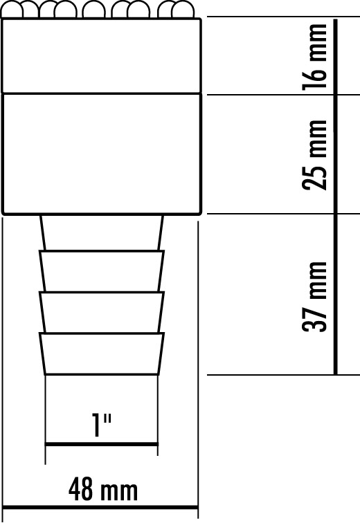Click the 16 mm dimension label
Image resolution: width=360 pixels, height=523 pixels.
point(314,57)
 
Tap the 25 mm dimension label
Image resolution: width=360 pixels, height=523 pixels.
point(314,155)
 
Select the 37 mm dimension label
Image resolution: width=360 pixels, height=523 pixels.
point(314,297)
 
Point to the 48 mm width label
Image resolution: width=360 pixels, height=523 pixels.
point(103,489)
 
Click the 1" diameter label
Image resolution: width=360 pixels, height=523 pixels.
point(102,425)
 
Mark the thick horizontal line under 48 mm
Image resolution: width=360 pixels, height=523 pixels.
point(100,507)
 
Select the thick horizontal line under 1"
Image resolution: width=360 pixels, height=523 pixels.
point(102,444)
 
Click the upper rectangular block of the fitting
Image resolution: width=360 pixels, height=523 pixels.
point(102,55)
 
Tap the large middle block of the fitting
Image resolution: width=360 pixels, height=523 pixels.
point(102,154)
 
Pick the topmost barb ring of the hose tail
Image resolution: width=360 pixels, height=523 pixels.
point(102,270)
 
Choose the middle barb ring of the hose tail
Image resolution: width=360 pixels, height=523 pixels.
point(102,312)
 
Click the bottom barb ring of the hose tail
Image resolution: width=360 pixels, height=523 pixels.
point(102,354)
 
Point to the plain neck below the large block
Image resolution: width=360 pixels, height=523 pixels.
point(102,232)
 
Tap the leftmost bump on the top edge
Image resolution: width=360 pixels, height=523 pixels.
point(11,7)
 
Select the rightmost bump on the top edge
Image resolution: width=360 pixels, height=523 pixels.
point(183,7)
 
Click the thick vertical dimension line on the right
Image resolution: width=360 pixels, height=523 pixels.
point(335,196)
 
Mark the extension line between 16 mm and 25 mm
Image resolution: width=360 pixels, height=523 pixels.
point(283,95)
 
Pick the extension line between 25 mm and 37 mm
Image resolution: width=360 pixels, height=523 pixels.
point(283,214)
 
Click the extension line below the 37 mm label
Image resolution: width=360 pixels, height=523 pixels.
point(283,375)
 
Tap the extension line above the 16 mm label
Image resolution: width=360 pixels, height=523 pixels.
point(283,17)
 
